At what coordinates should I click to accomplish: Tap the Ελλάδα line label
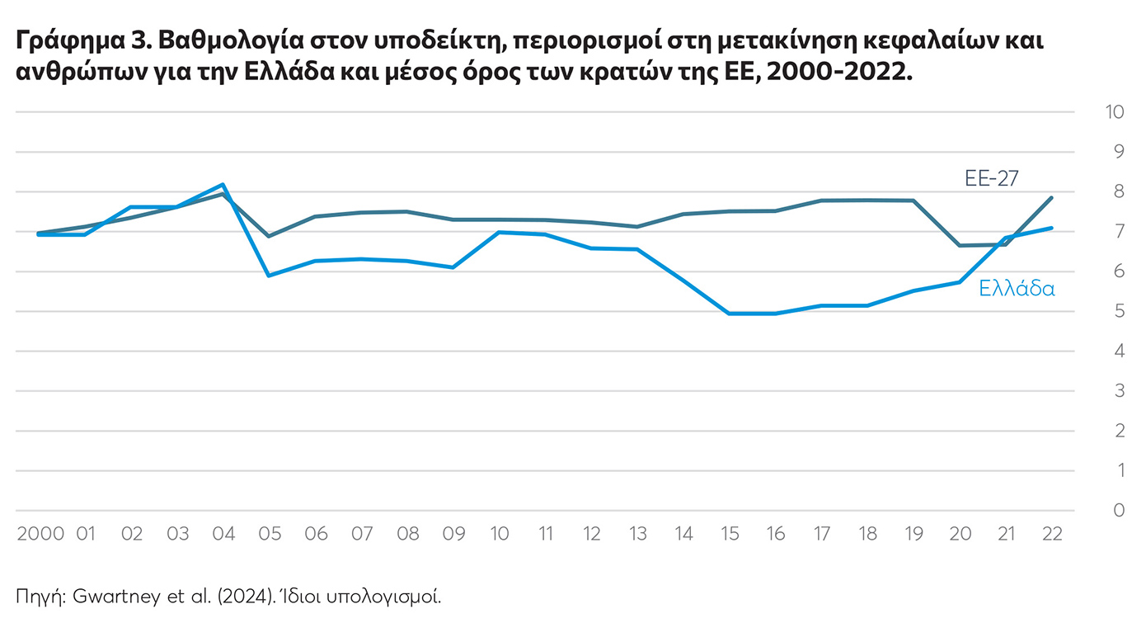1017,289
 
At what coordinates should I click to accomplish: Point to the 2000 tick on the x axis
40,534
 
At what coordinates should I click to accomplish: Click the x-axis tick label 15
729,534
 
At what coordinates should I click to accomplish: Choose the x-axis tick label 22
1051,534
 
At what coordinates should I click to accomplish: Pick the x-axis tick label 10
499,534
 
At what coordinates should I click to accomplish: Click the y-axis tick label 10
1113,112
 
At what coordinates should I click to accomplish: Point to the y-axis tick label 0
1118,510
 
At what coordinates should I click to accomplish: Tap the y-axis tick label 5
1118,311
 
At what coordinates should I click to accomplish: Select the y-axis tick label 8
1118,191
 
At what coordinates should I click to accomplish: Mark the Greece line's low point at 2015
729,314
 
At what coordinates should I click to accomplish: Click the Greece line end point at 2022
1051,228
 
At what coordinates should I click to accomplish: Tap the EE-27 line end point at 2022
1051,198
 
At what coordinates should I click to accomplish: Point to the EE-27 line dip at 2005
269,236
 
